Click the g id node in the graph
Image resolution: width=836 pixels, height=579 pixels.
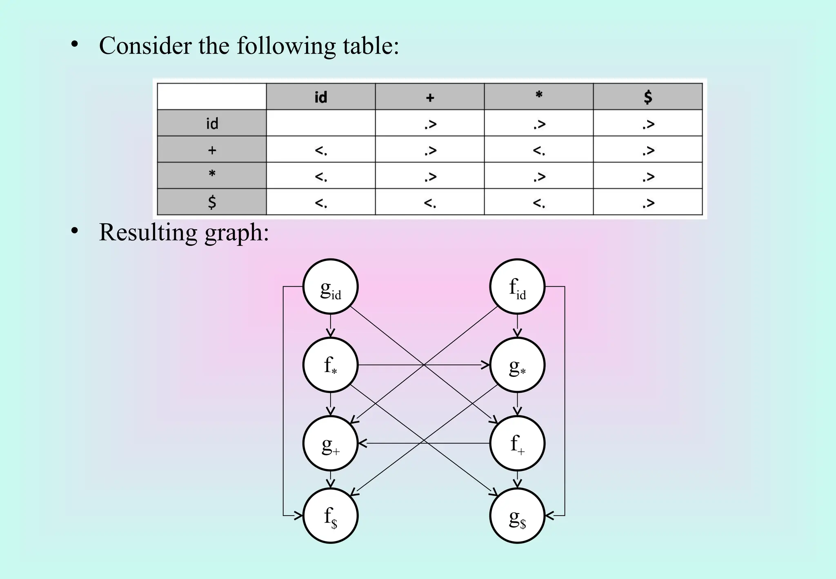(x=330, y=287)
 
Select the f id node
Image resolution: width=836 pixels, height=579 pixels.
(x=517, y=287)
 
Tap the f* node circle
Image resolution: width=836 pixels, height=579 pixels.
(x=330, y=365)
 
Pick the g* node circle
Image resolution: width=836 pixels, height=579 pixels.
(x=517, y=365)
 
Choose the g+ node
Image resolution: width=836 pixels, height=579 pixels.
(x=330, y=443)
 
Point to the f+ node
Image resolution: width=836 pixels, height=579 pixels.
(x=517, y=443)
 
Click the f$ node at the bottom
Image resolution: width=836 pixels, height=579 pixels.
(x=330, y=516)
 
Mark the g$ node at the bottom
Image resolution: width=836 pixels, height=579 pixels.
(x=517, y=516)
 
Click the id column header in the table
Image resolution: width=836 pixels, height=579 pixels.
(x=321, y=97)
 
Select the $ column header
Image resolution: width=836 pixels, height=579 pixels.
(x=648, y=97)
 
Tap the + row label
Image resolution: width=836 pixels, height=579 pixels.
(x=212, y=149)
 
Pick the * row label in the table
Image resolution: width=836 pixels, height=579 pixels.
(x=212, y=175)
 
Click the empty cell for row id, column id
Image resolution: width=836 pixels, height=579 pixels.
(x=321, y=123)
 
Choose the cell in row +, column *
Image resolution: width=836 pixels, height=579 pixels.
(x=539, y=149)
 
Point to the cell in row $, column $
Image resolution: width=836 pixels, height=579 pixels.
(x=648, y=202)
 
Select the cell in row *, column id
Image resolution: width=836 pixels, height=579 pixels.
(x=321, y=176)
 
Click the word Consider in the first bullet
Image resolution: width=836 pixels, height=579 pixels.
(x=145, y=45)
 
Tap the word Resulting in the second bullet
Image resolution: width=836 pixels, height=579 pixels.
(x=148, y=232)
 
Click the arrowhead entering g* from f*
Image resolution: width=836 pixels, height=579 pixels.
(x=486, y=365)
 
